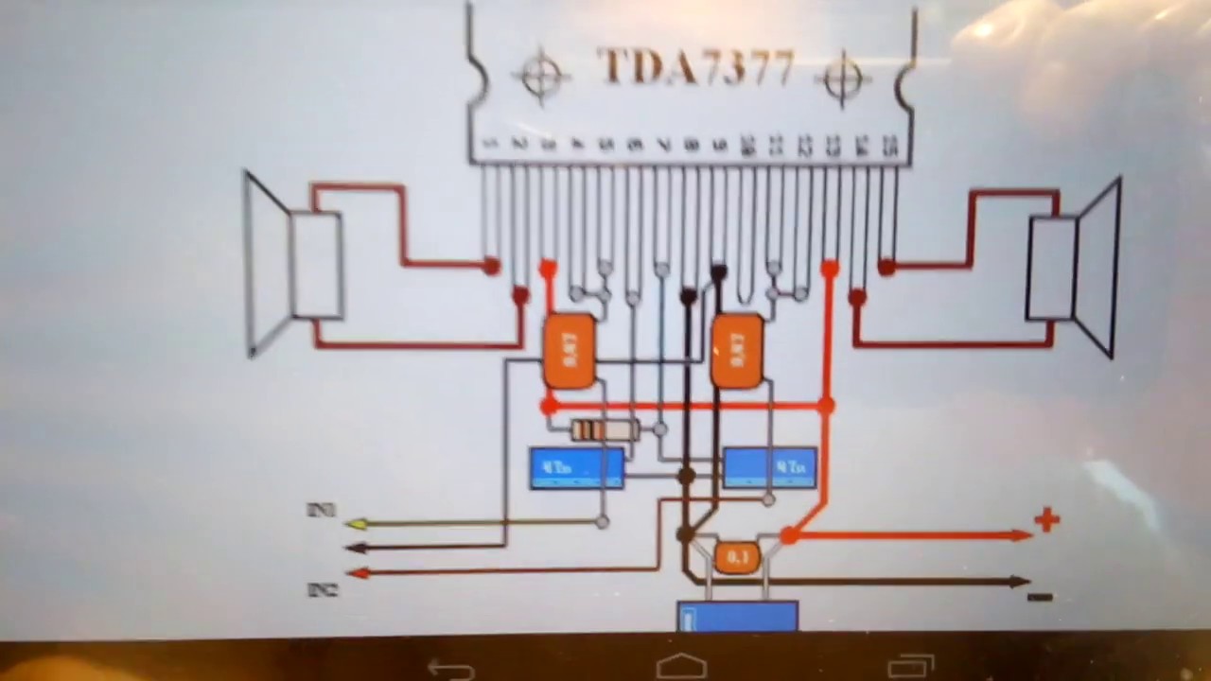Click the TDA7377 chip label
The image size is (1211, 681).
click(x=696, y=68)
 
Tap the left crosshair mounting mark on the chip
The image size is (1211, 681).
click(x=541, y=76)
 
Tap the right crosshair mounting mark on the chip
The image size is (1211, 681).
click(x=843, y=78)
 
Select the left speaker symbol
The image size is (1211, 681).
click(x=293, y=265)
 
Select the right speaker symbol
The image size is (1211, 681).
click(x=1074, y=268)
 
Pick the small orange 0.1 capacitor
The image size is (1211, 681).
click(x=736, y=557)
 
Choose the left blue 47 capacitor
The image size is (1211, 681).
click(x=577, y=468)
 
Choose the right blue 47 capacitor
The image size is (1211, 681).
click(x=769, y=468)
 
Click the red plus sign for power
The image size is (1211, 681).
click(x=1046, y=519)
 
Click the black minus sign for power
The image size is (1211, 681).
click(x=1040, y=597)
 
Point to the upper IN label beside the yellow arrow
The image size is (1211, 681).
click(x=321, y=511)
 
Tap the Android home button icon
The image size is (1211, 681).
click(x=681, y=666)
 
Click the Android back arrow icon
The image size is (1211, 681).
click(x=451, y=670)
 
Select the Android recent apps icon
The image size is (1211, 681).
click(x=912, y=667)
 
